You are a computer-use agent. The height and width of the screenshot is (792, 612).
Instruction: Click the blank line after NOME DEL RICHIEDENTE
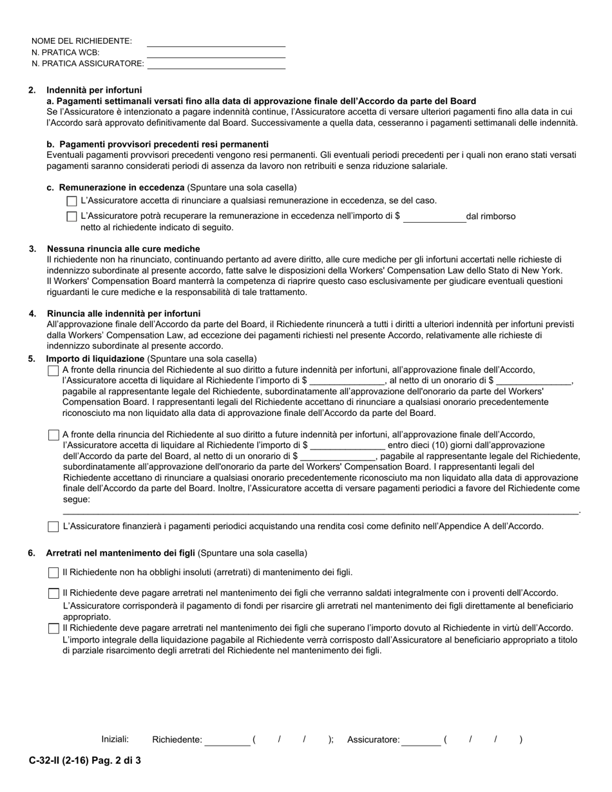point(216,42)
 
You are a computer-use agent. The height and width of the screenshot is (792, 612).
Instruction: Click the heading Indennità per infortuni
point(94,90)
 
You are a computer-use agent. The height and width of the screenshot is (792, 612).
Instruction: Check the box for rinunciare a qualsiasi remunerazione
point(72,201)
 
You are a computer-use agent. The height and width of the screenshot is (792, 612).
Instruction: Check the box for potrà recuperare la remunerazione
point(72,216)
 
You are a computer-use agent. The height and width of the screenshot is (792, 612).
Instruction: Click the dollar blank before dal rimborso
point(434,218)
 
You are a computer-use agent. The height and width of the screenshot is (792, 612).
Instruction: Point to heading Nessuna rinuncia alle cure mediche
point(123,249)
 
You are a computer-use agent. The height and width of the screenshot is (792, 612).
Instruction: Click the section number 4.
point(32,314)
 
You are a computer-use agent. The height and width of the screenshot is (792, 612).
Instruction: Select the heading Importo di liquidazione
point(95,359)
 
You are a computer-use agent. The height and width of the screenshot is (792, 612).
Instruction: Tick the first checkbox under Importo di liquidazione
point(53,371)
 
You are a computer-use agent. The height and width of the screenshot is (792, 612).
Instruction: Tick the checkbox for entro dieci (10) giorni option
point(53,435)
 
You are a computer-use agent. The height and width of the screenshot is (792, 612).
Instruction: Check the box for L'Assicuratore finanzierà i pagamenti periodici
point(53,527)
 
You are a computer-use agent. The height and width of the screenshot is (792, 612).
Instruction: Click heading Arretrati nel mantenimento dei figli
point(120,553)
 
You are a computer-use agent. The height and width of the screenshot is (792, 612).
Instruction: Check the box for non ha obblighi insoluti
point(53,572)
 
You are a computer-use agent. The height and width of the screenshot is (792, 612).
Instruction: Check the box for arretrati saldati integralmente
point(53,594)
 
